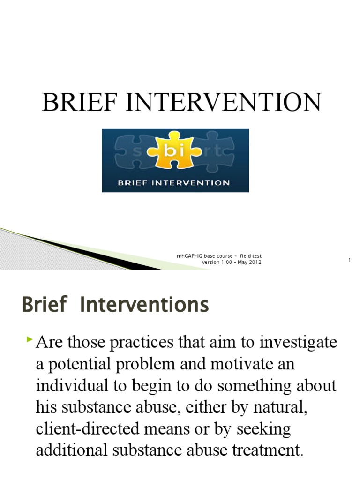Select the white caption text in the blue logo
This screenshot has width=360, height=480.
174,182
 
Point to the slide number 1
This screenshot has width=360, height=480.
350,260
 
